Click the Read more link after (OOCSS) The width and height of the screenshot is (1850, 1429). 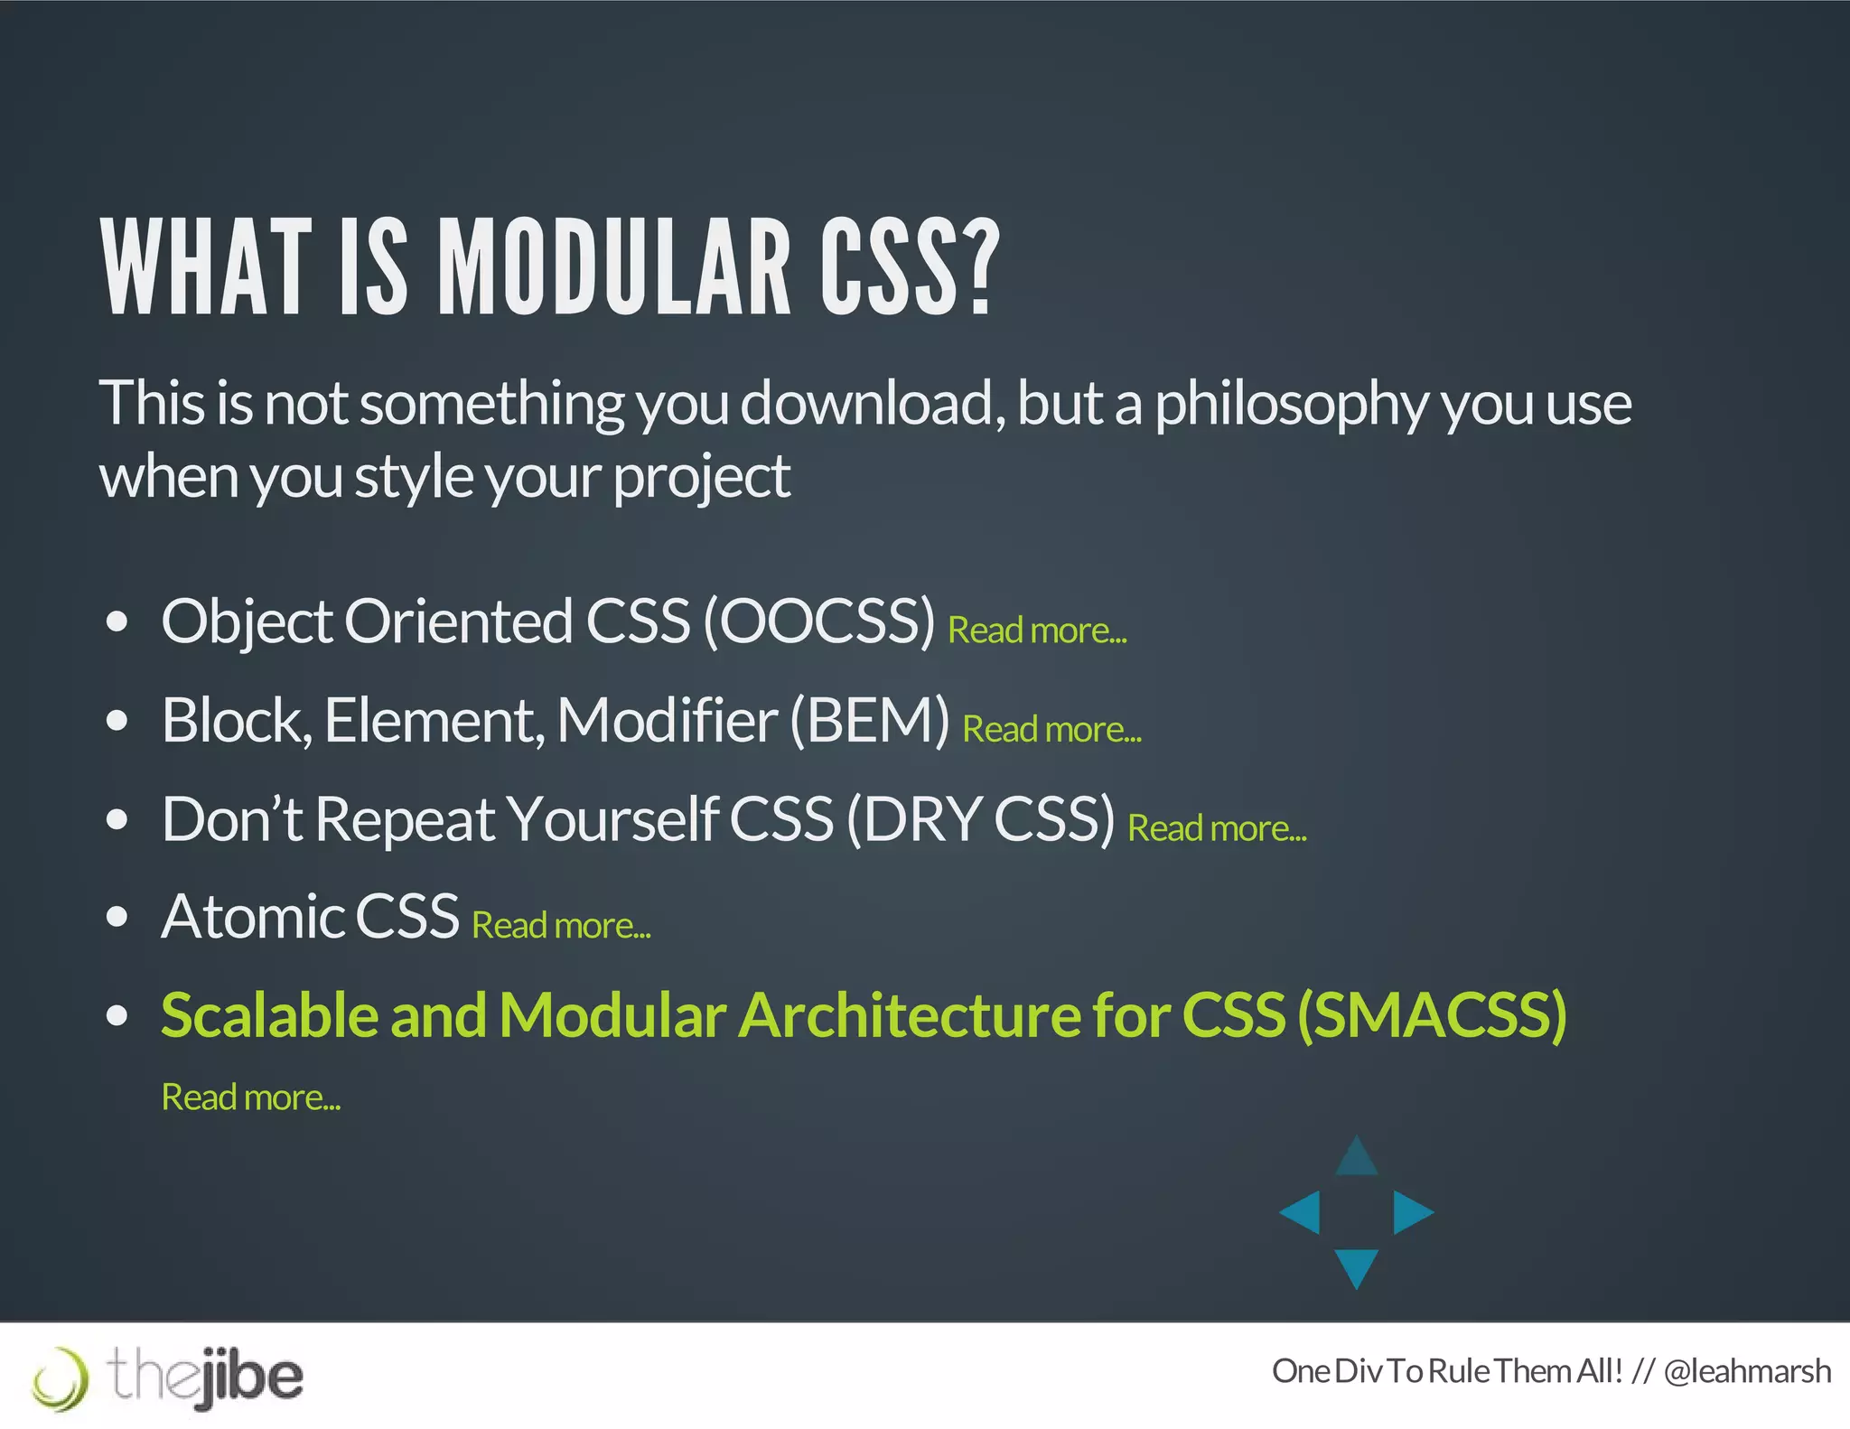[1037, 630]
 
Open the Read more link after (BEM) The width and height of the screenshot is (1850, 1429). [1051, 730]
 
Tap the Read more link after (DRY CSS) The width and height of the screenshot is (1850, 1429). [1217, 828]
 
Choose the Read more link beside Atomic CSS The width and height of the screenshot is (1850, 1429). [561, 926]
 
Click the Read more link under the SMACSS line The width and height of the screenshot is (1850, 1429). [250, 1097]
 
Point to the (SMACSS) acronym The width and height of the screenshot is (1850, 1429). [1432, 1015]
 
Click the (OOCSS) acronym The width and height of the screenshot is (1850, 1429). [818, 621]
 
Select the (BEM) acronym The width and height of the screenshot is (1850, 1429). [869, 721]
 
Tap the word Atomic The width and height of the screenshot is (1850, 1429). [250, 917]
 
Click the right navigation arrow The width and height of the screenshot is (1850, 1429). [1411, 1212]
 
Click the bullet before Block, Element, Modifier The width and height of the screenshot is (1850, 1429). [117, 721]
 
